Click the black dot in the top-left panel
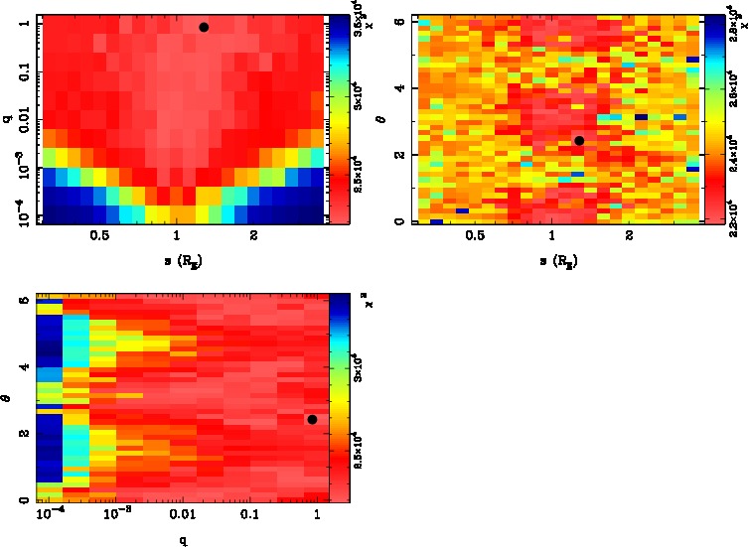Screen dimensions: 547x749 pos(204,27)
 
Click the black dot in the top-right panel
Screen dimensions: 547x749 pos(579,141)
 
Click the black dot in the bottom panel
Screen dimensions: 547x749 pos(312,419)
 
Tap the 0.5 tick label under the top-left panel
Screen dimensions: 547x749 pos(99,236)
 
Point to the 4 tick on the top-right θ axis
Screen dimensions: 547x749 pos(399,87)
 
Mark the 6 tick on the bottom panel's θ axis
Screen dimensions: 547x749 pos(24,301)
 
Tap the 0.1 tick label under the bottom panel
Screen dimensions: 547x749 pos(249,516)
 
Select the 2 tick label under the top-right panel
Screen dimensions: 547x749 pos(629,236)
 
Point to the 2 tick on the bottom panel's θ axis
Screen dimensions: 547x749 pos(24,434)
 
